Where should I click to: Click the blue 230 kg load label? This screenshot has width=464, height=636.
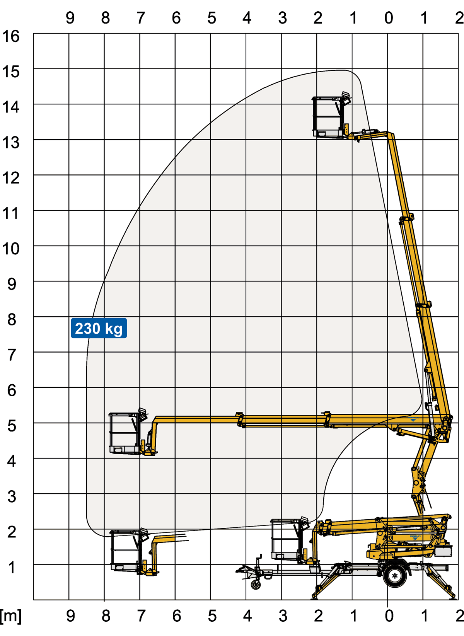point(99,328)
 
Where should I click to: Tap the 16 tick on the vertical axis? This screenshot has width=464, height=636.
point(11,36)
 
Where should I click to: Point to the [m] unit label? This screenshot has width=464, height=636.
point(11,616)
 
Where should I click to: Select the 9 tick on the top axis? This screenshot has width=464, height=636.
point(70,18)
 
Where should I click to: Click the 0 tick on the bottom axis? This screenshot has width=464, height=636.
point(389,616)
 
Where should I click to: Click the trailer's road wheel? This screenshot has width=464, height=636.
point(395,576)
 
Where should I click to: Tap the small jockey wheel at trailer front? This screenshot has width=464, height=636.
point(256,585)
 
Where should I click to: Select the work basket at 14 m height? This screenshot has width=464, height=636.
point(329,117)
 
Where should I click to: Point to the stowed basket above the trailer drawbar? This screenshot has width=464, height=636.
point(287,539)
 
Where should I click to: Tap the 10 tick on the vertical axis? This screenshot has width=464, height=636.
point(11,249)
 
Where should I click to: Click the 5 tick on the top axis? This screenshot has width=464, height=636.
point(212,18)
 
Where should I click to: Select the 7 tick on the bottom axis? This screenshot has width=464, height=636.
point(141,616)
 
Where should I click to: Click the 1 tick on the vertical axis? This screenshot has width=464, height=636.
point(12,567)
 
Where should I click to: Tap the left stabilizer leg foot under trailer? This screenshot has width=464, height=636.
point(314,597)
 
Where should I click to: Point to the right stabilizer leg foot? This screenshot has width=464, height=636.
point(452,597)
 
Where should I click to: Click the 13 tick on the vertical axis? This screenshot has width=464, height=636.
point(11,142)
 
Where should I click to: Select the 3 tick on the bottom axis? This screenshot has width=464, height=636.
point(283,616)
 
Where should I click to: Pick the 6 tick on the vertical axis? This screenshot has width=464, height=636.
point(12,390)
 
